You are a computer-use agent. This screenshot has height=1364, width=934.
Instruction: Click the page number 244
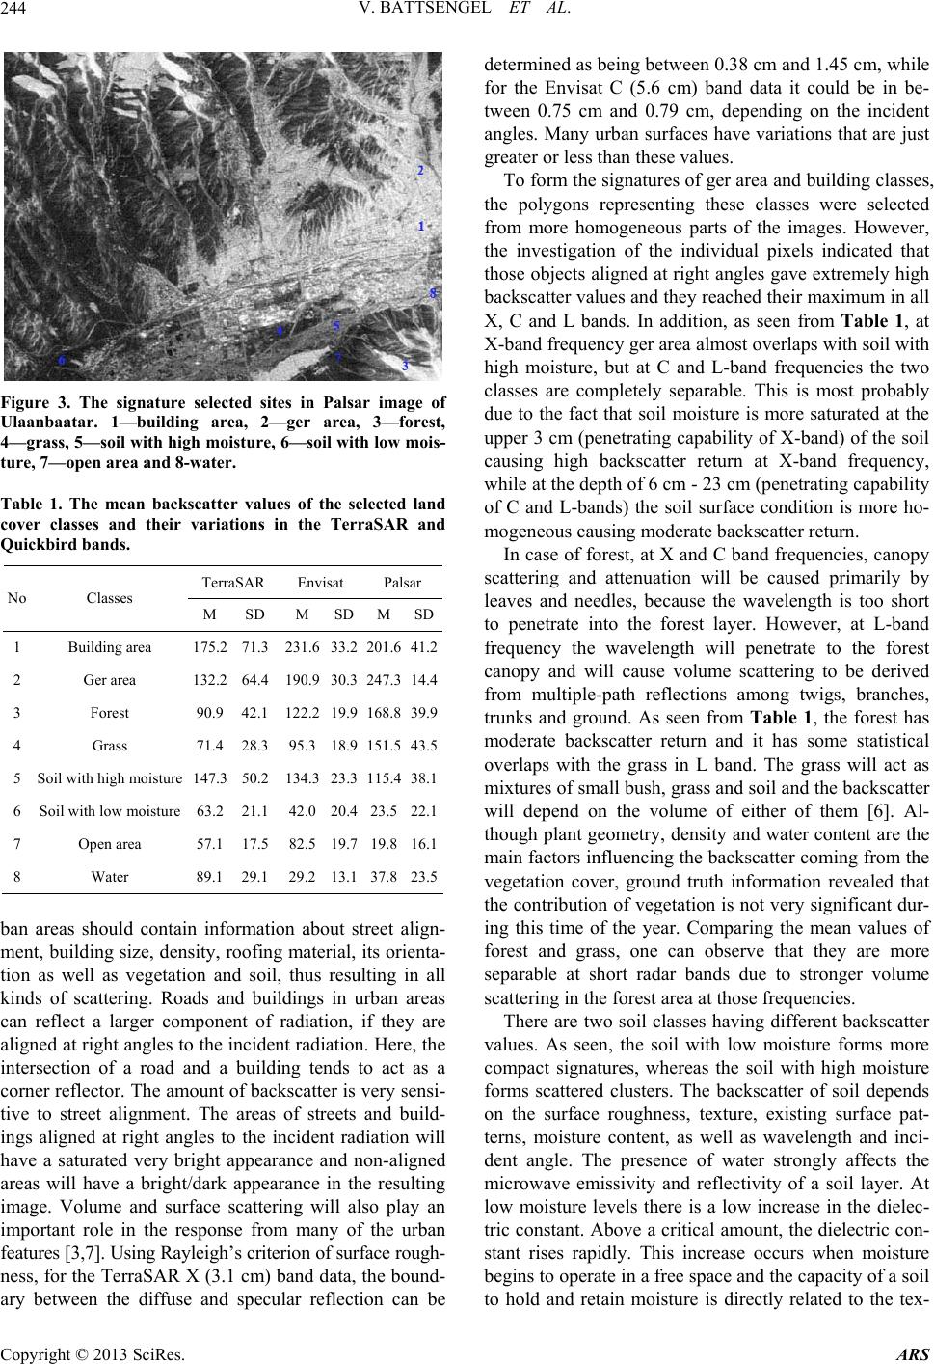(x=17, y=12)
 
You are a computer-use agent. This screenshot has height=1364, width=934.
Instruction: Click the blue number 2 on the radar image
(x=420, y=171)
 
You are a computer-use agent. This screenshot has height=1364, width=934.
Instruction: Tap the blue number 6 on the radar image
(x=63, y=360)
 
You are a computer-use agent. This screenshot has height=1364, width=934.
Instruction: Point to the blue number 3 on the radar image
(x=406, y=366)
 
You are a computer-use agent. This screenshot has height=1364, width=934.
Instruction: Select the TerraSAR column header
(x=231, y=583)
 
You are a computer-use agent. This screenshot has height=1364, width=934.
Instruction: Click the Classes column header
(x=109, y=598)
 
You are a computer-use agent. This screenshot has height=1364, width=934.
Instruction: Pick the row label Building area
(x=109, y=646)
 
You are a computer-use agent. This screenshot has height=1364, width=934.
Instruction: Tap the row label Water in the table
(x=109, y=877)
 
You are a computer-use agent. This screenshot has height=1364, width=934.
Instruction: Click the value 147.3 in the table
(x=210, y=777)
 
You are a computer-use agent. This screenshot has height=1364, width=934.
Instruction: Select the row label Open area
(x=109, y=843)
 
